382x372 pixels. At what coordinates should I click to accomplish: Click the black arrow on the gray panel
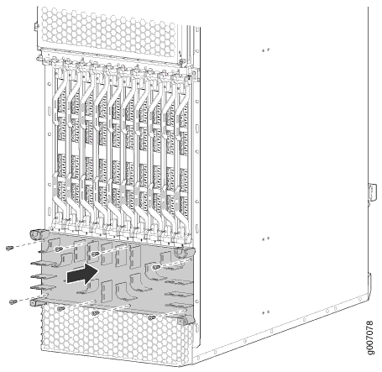82,274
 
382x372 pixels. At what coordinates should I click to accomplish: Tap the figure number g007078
370,338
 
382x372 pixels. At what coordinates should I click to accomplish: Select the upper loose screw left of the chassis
9,248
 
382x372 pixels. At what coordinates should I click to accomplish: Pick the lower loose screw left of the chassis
13,301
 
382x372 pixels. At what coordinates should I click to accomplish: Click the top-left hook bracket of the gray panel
37,234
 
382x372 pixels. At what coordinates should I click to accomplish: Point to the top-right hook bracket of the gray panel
183,252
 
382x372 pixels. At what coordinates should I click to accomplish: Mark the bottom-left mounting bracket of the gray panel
38,301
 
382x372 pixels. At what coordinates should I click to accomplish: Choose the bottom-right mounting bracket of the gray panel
186,319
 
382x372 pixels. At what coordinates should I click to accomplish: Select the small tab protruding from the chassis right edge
373,192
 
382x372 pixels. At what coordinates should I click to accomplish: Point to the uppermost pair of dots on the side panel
265,50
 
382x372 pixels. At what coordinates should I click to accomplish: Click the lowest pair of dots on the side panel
265,312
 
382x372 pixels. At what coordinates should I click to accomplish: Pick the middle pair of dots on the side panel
265,238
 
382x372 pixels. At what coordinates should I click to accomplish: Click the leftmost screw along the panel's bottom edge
60,309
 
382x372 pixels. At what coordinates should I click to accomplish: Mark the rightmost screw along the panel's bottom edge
151,318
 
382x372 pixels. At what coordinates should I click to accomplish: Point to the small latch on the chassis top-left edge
36,27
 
